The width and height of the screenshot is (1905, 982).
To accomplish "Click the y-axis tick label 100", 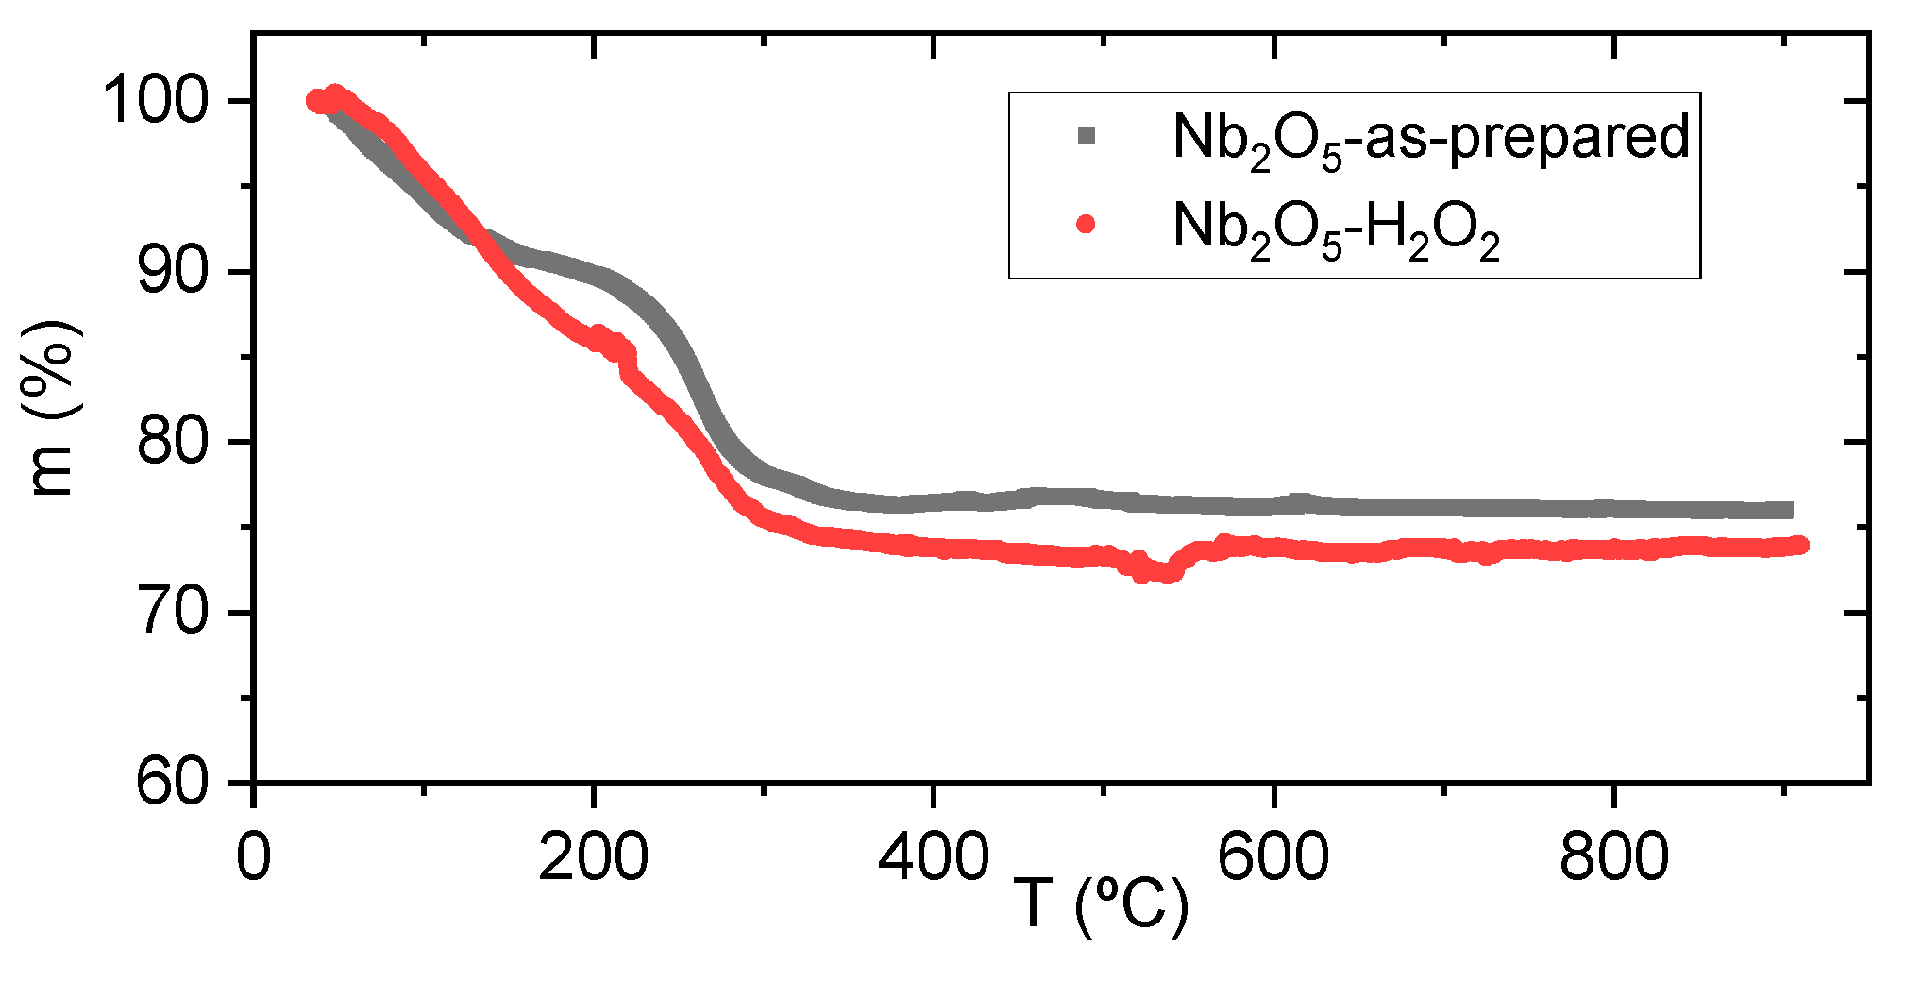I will [x=157, y=101].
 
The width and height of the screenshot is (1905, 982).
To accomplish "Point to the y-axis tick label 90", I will [x=174, y=272].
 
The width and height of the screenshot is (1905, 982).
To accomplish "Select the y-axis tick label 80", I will [x=174, y=442].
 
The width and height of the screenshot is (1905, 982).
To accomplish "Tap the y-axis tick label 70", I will [x=174, y=613].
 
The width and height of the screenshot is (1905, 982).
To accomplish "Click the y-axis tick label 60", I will [x=174, y=783].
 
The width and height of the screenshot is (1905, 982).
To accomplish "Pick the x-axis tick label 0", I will [x=253, y=857].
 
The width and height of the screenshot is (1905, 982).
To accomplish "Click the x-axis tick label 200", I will [x=593, y=857].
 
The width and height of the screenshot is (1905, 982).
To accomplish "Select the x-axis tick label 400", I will [x=933, y=857].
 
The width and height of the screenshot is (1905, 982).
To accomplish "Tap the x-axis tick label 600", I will [x=1273, y=857].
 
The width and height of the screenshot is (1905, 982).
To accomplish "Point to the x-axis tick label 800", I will [x=1613, y=857].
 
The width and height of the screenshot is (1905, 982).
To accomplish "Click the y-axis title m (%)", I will [x=52, y=408].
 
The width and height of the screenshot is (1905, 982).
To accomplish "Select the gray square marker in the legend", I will [x=1087, y=137].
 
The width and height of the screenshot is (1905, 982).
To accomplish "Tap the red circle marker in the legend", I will [x=1087, y=224].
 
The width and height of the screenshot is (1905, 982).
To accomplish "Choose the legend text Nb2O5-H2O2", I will [x=1335, y=229].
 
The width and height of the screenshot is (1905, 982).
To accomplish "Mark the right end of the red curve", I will [x=1799, y=545].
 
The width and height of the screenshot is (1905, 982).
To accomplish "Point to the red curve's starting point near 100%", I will [x=316, y=101].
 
